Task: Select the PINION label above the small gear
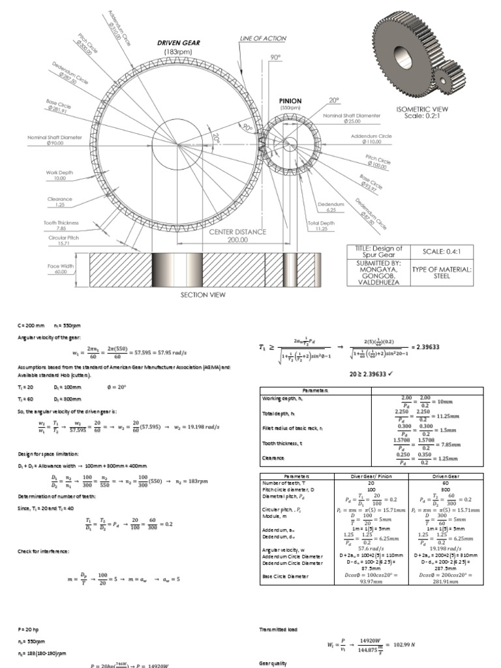[290, 101]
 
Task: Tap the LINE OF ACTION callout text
[263, 38]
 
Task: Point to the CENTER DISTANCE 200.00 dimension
[237, 235]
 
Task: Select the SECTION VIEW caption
[203, 295]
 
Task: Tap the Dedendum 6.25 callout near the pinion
[331, 207]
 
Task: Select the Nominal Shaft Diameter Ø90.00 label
[55, 140]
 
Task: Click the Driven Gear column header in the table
[446, 477]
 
